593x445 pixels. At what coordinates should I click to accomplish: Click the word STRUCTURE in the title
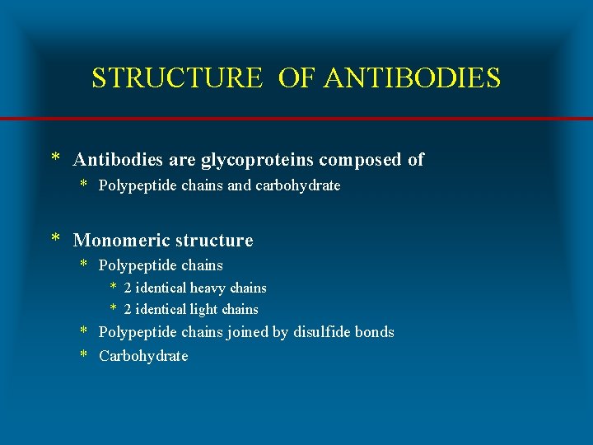(177, 78)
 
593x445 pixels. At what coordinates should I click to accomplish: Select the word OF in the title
(297, 78)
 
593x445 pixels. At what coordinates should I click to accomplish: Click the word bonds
(373, 332)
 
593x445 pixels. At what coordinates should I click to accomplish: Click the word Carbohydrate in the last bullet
(143, 356)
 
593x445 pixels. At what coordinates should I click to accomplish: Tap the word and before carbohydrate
(239, 185)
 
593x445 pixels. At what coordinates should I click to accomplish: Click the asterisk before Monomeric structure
(55, 240)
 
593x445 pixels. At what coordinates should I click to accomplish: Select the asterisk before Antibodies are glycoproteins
(55, 158)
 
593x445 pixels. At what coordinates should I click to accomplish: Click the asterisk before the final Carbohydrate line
(84, 355)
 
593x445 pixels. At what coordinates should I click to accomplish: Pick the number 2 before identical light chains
(128, 310)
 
